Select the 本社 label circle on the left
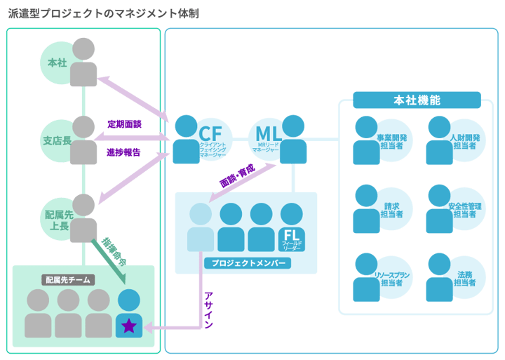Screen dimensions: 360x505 tap(58, 63)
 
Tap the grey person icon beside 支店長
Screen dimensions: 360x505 tap(83, 140)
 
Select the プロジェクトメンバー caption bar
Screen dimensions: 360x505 tap(246, 264)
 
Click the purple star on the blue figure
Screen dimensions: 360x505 tap(129, 326)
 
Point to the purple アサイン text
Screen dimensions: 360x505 tap(208, 309)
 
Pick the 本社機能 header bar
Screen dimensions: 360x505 tap(417, 100)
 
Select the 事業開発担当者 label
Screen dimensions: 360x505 tap(393, 142)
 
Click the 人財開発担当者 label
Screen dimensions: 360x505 tap(464, 142)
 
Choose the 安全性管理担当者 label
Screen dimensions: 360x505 tap(464, 211)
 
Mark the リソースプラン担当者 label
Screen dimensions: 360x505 tap(393, 279)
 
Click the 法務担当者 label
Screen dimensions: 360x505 tap(464, 279)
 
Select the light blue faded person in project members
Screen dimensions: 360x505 tap(200, 227)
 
